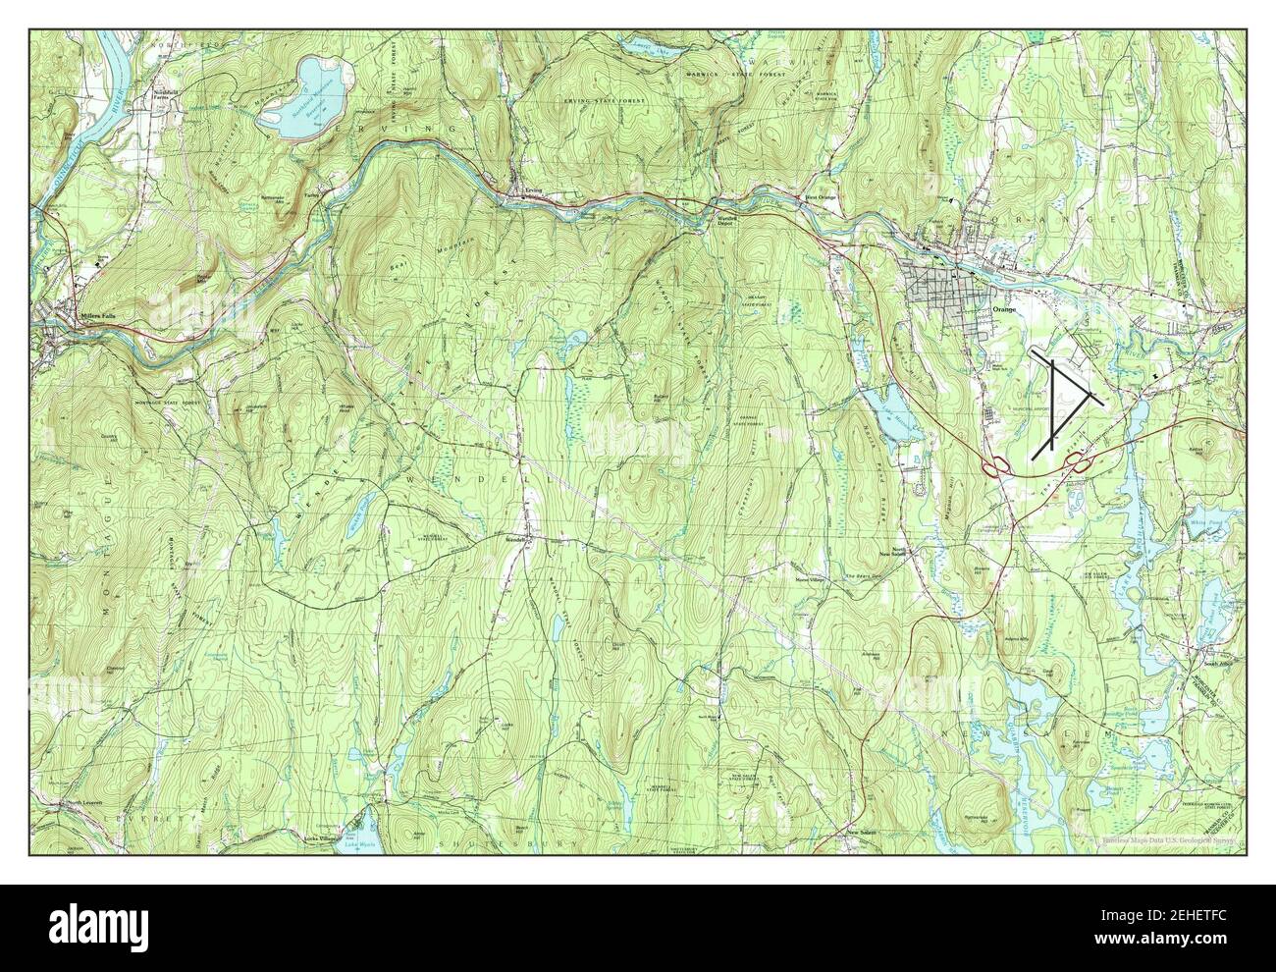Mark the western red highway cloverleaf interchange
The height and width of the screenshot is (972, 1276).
coord(996,465)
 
